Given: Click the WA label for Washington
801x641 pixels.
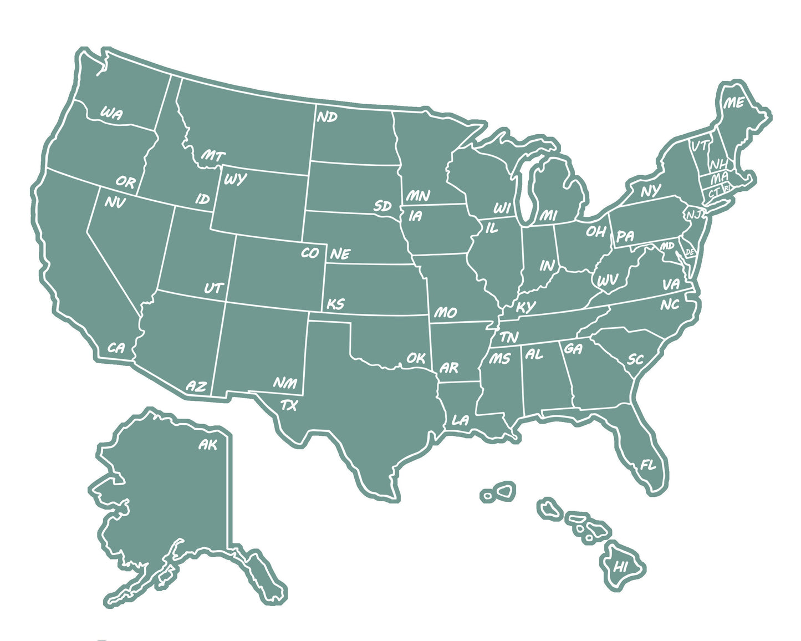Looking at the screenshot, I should pos(111,114).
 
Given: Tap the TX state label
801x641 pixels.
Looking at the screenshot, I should pos(288,405).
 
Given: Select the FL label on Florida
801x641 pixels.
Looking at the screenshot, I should pos(648,465).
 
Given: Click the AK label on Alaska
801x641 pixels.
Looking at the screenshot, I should pos(208,444).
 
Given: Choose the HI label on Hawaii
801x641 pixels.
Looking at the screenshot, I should pos(620,567).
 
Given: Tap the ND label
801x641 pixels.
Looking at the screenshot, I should pos(327,117).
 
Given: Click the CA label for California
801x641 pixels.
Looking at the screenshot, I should pos(116,348).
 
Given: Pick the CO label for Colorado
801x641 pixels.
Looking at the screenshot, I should pos(310,253).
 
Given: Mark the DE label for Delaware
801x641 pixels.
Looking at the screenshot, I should pos(690,252).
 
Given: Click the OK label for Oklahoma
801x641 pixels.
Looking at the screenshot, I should pos(416,358).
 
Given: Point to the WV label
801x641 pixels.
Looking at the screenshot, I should pos(607,281).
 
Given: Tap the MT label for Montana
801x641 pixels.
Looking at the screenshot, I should pos(213,156).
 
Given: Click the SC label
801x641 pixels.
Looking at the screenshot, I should pos(635,359).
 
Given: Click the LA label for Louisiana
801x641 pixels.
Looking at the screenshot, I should pos(460,420).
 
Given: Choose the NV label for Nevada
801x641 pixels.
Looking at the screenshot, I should pos(115,203).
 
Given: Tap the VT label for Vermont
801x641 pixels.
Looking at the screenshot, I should pos(700,146).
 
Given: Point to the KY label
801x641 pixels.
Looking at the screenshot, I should pos(526,307).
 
